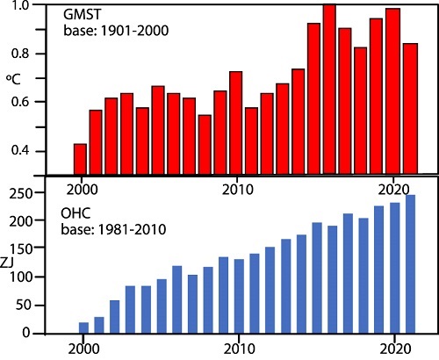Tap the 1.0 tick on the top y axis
click(x=45, y=6)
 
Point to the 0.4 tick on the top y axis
click(x=45, y=151)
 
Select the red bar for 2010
click(x=235, y=123)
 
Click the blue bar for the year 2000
click(x=83, y=328)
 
